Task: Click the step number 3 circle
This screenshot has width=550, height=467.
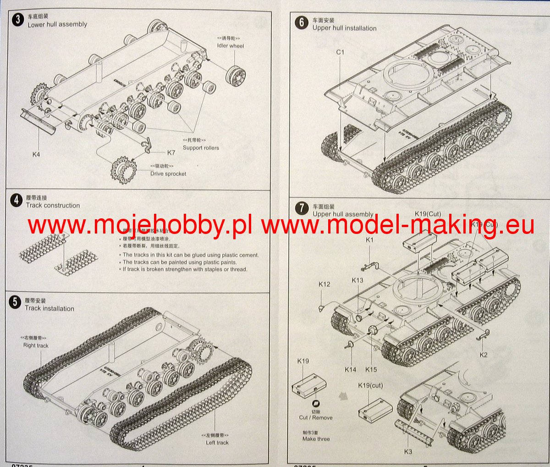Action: (x=18, y=20)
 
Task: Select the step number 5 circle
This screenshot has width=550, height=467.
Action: (x=16, y=302)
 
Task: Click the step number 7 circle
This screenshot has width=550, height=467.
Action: (x=302, y=208)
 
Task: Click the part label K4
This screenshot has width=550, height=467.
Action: (x=36, y=154)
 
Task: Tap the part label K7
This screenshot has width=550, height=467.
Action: (x=171, y=152)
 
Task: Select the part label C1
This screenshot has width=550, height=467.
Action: (x=340, y=52)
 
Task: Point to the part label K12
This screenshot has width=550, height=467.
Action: (x=324, y=284)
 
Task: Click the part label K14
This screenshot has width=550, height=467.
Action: (x=350, y=369)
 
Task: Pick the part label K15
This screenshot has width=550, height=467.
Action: (x=371, y=369)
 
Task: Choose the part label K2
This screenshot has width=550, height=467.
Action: (x=484, y=355)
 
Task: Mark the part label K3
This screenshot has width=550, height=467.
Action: (x=407, y=451)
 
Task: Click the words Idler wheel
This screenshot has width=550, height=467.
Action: (x=231, y=46)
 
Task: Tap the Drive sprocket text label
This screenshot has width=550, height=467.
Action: (x=168, y=174)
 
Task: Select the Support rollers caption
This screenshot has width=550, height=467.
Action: (x=201, y=148)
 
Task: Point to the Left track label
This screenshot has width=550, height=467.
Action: (x=217, y=443)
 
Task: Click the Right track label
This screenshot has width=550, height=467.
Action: (x=36, y=345)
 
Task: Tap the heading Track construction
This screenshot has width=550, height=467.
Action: (x=53, y=206)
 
